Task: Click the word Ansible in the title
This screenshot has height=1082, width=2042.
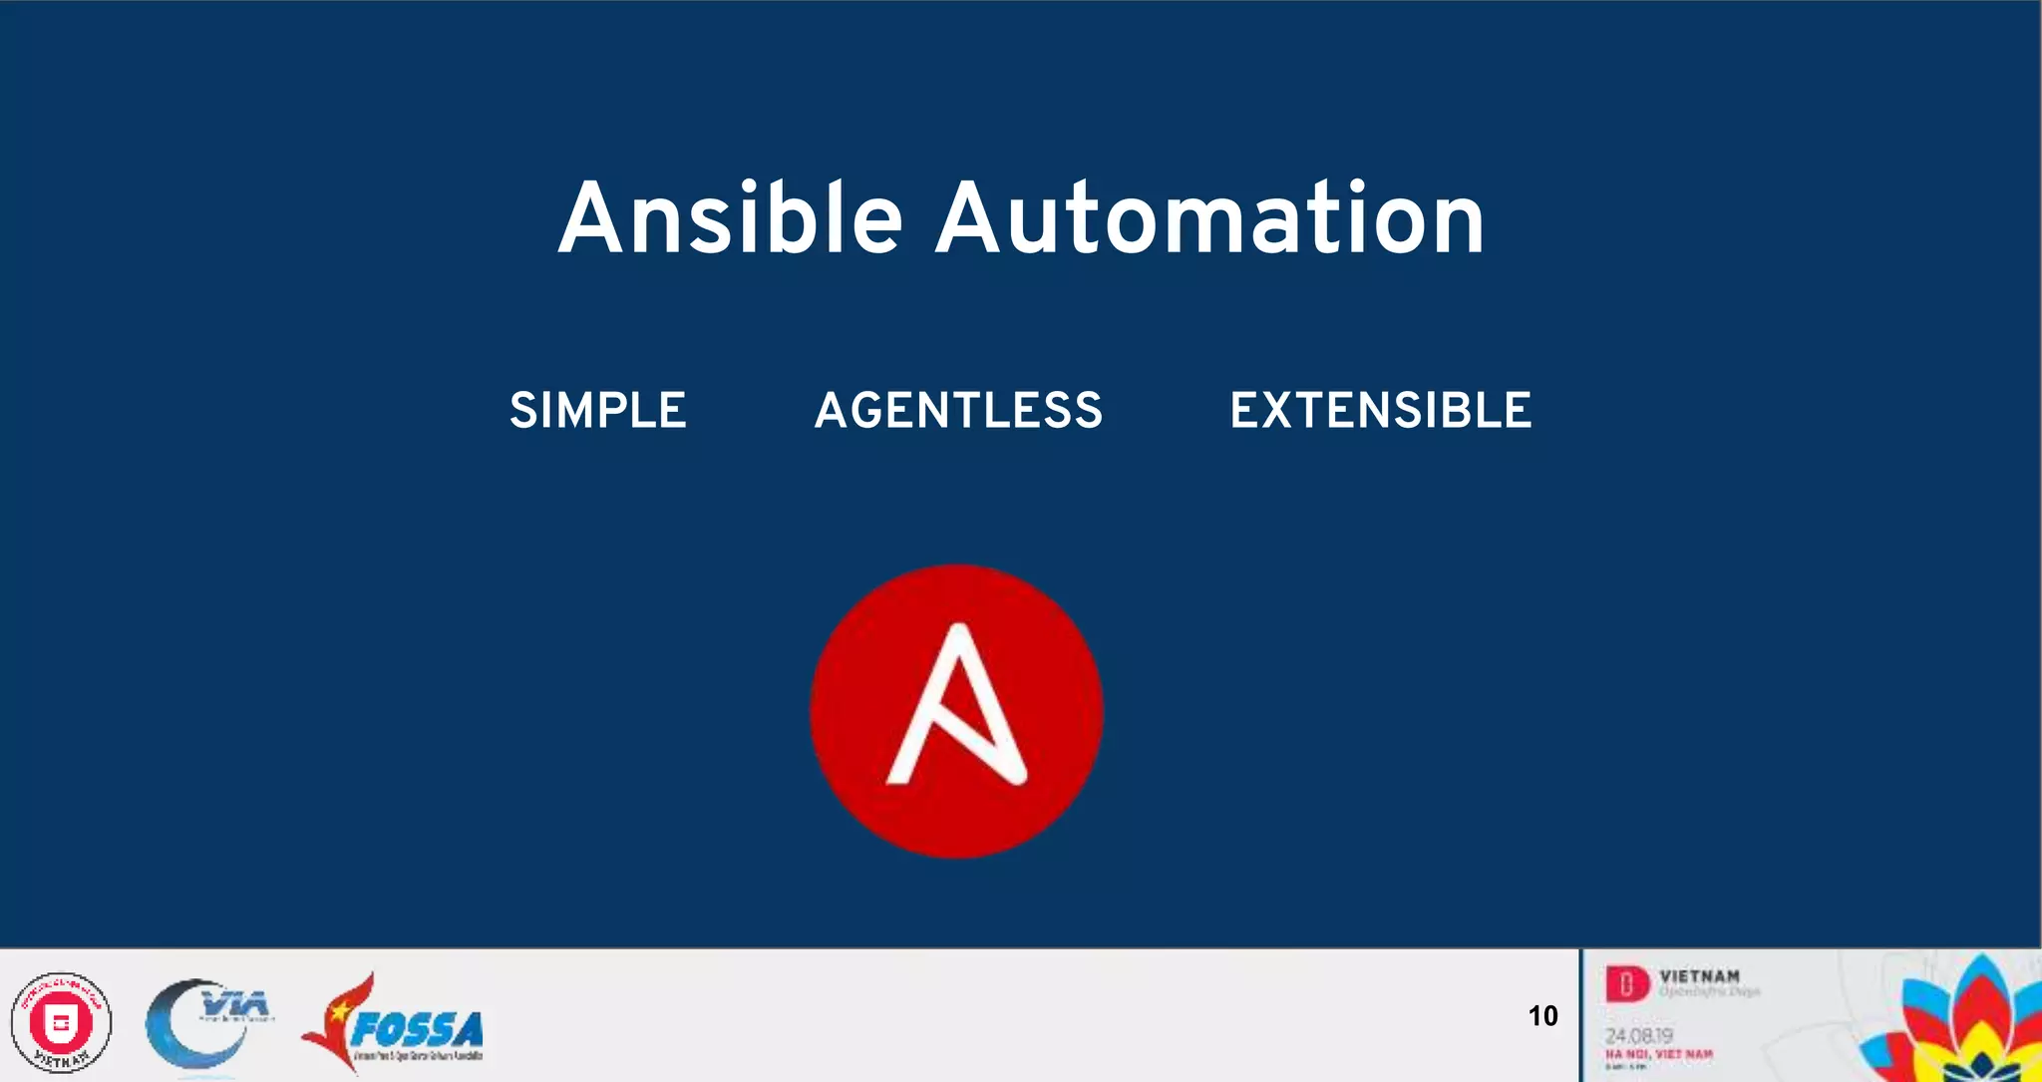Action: pos(730,218)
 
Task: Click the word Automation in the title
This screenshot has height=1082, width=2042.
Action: pos(1209,218)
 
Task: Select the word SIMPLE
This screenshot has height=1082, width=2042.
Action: pos(598,410)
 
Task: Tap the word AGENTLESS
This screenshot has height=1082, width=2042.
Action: pos(958,410)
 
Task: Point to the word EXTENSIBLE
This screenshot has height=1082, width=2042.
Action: pos(1380,410)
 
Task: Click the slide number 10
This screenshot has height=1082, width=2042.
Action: pos(1542,1016)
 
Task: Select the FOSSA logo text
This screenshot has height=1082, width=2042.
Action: pos(417,1029)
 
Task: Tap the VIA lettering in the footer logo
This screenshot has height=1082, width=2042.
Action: pos(234,1002)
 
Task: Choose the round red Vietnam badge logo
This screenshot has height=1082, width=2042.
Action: pos(61,1023)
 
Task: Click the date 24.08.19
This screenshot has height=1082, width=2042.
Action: pos(1638,1036)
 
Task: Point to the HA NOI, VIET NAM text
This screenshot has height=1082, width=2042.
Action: pos(1658,1054)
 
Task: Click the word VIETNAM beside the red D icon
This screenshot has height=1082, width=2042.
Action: pos(1699,976)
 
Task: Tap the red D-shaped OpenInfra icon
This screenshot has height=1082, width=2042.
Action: pos(1626,985)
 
